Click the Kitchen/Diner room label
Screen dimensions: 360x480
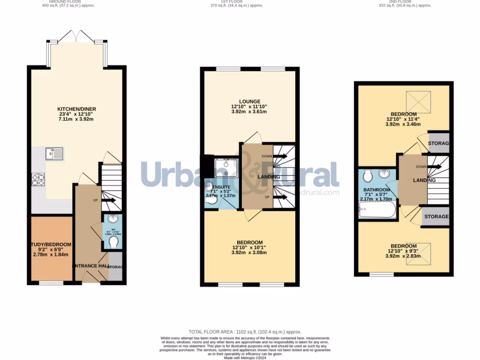coord(77,111)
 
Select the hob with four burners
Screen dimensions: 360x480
coord(38,180)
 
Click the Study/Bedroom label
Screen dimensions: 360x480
coord(52,245)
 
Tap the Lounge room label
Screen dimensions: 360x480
coord(249,101)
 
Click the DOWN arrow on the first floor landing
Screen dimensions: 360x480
coord(280,156)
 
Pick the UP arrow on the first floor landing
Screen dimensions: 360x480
coord(280,197)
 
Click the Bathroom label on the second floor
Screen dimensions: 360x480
coord(377,190)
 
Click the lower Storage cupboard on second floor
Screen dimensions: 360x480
coord(436,217)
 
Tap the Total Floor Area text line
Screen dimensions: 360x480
coord(245,331)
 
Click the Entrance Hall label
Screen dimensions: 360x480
coord(90,266)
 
